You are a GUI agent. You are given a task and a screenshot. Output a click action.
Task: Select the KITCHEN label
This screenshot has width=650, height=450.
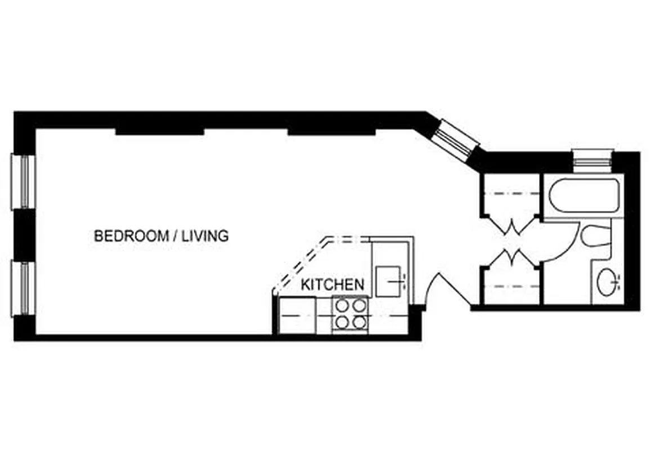(x=332, y=285)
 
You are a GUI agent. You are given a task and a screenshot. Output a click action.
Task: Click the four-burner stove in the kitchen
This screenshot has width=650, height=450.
(x=350, y=314)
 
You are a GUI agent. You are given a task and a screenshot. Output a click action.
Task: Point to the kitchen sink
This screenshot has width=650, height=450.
(x=389, y=281)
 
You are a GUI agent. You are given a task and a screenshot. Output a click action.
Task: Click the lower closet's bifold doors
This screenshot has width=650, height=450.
(x=512, y=257)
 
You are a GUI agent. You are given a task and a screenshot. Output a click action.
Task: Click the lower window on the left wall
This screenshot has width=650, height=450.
(x=23, y=287)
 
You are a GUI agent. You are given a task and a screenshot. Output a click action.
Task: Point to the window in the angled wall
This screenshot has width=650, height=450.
(x=456, y=138)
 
